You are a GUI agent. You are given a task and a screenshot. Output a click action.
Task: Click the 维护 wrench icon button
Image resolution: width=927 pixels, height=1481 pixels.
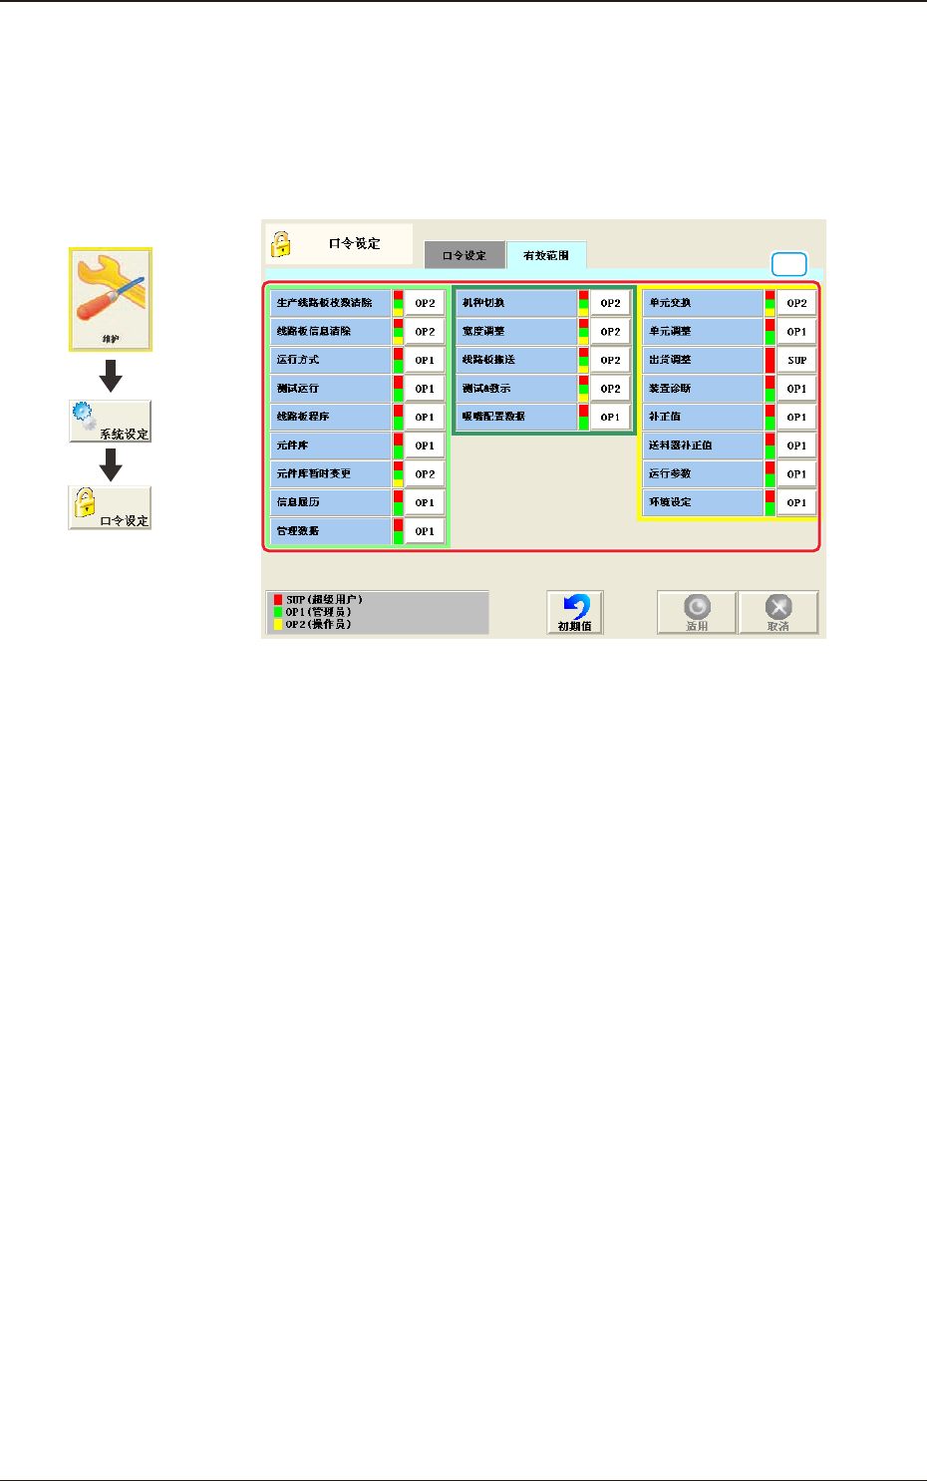point(110,299)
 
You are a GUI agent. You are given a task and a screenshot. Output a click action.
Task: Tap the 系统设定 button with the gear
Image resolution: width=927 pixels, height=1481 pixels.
point(110,422)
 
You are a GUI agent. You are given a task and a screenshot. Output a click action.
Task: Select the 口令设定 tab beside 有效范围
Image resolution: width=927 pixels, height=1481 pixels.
point(464,255)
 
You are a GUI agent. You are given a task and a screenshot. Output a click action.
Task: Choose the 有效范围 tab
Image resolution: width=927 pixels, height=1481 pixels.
point(546,255)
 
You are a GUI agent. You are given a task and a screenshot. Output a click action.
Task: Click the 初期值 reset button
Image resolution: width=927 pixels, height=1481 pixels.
point(575,613)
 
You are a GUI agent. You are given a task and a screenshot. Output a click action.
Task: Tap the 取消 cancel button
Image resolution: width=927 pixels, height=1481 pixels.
point(778,613)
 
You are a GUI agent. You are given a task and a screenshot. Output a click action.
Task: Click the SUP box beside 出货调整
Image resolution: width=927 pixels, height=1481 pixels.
point(796,360)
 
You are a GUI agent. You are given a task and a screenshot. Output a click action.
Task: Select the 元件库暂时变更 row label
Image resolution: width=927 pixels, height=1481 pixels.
point(331,473)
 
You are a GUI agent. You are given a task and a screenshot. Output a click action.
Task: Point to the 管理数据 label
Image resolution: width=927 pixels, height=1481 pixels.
point(331,531)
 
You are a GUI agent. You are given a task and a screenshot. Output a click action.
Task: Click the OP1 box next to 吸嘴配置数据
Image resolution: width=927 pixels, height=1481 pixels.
point(610,418)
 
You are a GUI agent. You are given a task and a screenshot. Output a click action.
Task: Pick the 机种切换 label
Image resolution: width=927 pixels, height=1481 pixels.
point(516,303)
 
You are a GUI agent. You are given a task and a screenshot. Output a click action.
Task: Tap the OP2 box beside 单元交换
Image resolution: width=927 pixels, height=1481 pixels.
point(796,303)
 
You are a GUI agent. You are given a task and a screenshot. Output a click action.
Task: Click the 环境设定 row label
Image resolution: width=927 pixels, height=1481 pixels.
point(703,502)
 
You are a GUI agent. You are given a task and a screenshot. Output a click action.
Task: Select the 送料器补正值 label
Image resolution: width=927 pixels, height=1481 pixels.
point(703,445)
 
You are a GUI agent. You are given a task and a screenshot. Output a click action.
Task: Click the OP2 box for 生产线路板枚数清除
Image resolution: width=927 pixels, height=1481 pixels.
point(425,303)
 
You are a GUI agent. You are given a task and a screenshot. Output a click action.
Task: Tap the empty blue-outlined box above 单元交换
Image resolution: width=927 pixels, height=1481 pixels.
point(789,264)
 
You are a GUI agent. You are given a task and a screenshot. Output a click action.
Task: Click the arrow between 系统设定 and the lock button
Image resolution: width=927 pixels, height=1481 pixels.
point(111,464)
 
